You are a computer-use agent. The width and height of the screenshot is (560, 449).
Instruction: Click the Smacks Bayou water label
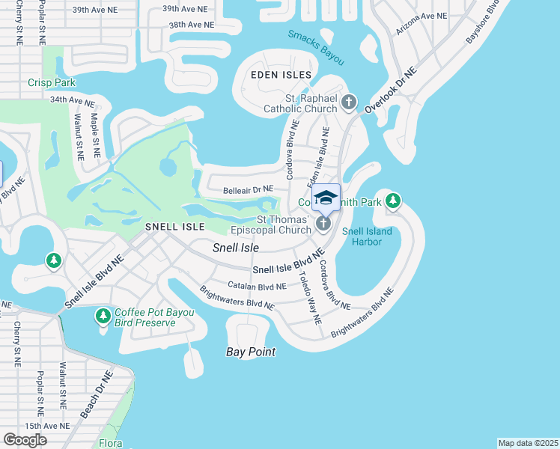(x=316, y=43)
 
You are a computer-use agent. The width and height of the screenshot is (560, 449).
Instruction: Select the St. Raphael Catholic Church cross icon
(x=347, y=102)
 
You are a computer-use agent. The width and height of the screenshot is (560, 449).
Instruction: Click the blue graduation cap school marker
(x=325, y=198)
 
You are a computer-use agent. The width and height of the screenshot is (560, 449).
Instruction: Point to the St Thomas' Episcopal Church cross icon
(x=323, y=223)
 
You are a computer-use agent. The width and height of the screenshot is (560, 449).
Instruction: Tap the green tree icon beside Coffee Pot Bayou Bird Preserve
(x=104, y=317)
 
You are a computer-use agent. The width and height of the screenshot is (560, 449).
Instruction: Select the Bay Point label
(x=252, y=352)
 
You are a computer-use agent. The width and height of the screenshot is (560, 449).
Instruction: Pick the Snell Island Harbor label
(x=367, y=236)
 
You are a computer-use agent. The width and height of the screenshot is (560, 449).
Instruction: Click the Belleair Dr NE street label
(x=248, y=190)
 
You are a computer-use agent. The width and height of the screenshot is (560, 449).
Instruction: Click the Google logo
(x=25, y=440)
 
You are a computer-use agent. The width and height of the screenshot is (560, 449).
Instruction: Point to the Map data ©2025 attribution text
(x=527, y=443)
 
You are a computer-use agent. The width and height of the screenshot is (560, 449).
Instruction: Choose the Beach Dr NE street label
(x=96, y=394)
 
